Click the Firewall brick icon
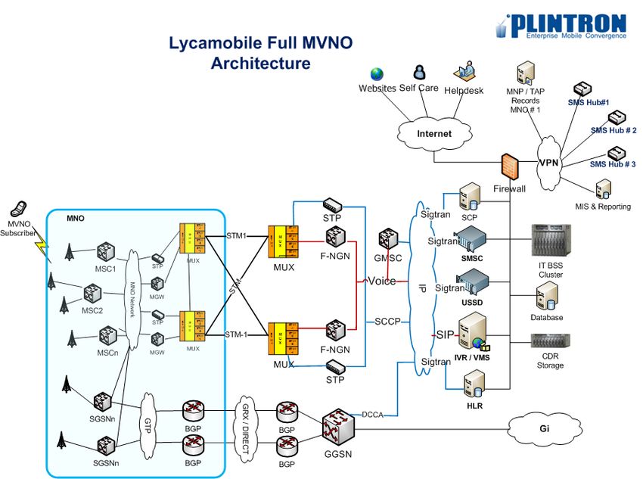point(508,166)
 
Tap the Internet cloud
point(434,134)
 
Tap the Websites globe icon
point(377,74)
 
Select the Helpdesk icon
point(464,73)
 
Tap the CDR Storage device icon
point(550,341)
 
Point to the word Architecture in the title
point(260,63)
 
